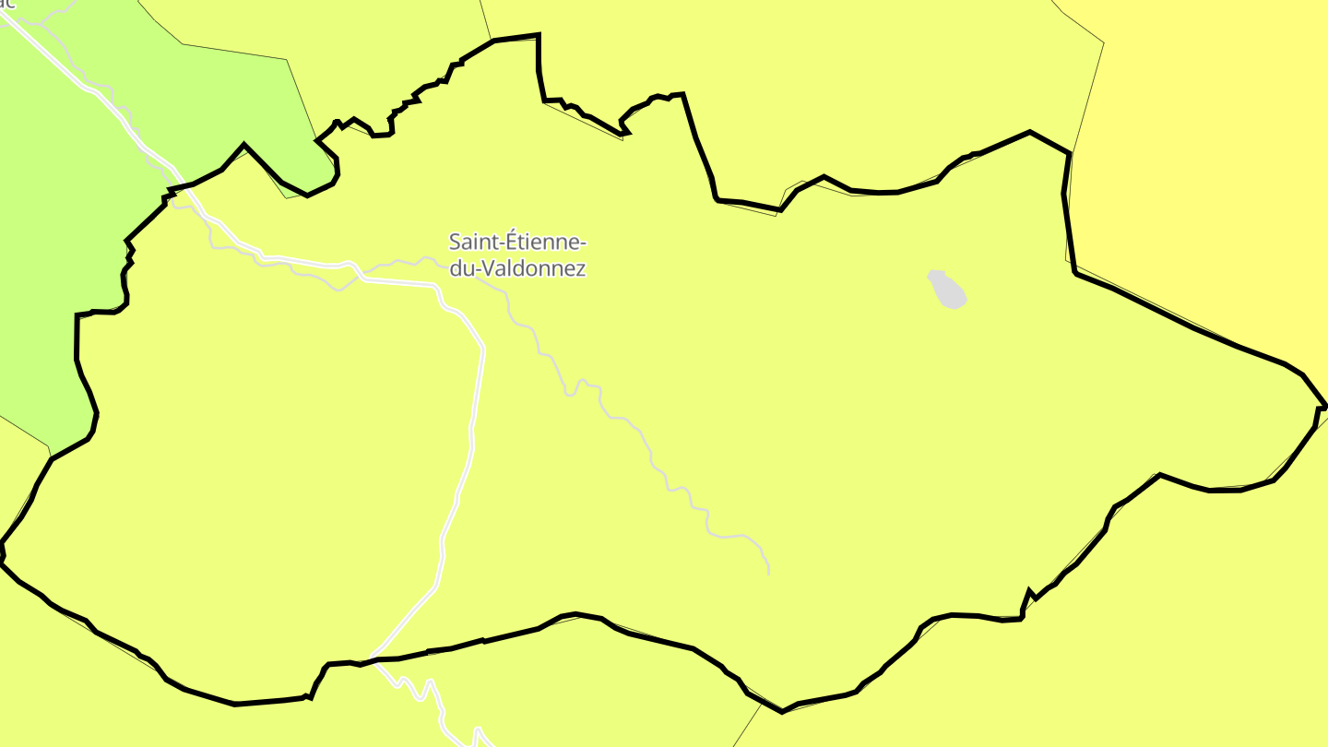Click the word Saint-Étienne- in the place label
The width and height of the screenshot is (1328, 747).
click(x=516, y=243)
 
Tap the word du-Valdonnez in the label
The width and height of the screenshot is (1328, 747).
click(x=516, y=268)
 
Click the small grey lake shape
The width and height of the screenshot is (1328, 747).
click(x=947, y=289)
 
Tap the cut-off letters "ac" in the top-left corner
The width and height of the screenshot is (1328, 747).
click(x=6, y=4)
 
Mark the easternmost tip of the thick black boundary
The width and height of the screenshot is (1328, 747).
click(x=1324, y=406)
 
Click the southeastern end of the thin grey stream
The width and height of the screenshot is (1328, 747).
click(x=768, y=572)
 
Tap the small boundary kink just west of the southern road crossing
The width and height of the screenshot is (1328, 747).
click(x=310, y=697)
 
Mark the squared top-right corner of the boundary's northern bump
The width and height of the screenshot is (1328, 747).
click(x=539, y=35)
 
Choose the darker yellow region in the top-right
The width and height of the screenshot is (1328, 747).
click(x=1217, y=138)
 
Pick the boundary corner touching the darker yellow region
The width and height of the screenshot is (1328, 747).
click(x=1070, y=153)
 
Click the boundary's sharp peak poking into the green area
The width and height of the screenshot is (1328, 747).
click(x=243, y=144)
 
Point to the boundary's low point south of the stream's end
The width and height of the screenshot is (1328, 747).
click(x=782, y=711)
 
